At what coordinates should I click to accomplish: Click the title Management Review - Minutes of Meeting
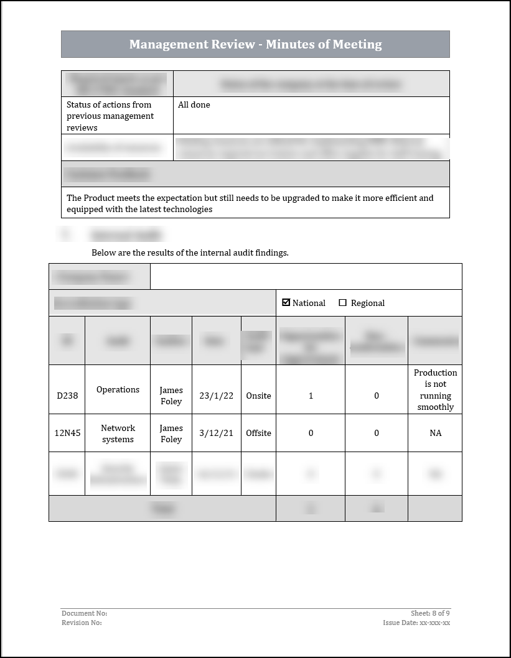pos(255,44)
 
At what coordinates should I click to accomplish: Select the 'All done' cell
pos(194,105)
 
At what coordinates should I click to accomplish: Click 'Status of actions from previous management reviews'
pos(110,116)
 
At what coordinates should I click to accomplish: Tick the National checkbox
pos(286,302)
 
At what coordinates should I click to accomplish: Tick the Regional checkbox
pos(342,303)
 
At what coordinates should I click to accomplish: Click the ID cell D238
pos(67,396)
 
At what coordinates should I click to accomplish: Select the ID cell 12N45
pos(67,433)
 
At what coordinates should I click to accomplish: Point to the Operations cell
pos(118,390)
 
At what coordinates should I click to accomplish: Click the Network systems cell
pos(118,433)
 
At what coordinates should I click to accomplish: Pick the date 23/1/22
pos(216,396)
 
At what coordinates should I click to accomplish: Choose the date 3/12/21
pos(216,433)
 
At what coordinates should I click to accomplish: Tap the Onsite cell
pos(258,396)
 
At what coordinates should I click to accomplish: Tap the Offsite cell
pos(258,433)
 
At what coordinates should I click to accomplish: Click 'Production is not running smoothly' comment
pos(435,390)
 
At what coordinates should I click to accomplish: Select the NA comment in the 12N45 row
pos(435,433)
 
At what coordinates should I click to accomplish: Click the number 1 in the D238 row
pos(311,396)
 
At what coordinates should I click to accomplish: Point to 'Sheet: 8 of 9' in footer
pos(430,613)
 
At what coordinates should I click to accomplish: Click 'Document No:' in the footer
pos(84,613)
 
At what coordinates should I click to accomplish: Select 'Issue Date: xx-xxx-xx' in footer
pos(416,623)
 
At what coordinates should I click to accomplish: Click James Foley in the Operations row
pos(171,396)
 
